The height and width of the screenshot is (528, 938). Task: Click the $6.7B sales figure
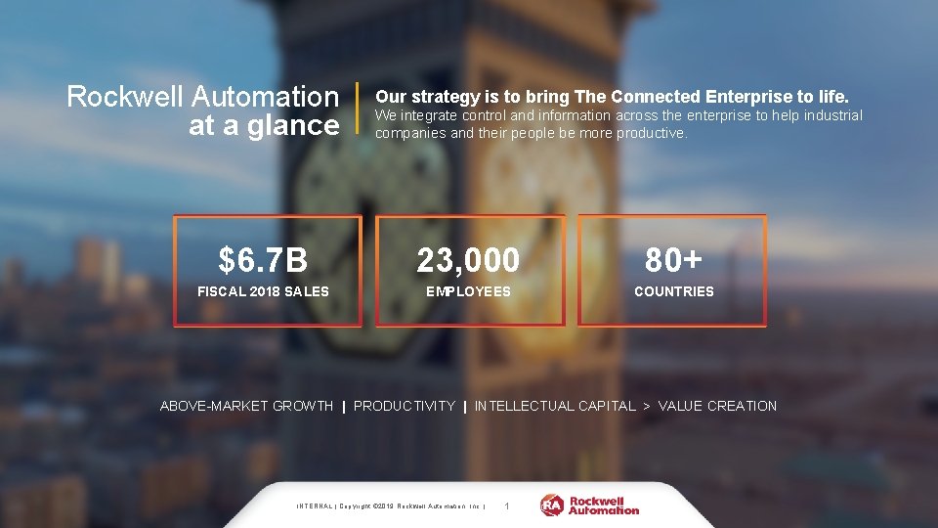[263, 261]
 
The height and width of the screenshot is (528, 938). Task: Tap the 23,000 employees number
[468, 261]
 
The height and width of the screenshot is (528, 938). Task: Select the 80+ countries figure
[673, 261]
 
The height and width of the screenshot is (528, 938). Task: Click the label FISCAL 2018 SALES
[263, 291]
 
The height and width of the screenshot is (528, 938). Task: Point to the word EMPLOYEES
[468, 291]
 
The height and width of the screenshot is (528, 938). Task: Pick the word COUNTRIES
[673, 291]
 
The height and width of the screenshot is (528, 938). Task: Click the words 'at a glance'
[263, 125]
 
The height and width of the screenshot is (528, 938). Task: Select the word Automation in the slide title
[265, 97]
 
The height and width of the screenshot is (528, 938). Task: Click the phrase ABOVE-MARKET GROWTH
[246, 406]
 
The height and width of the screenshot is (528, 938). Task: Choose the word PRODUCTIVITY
[404, 406]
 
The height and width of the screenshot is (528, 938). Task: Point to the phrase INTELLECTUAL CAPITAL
[554, 406]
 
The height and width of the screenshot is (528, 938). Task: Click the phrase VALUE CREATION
[717, 406]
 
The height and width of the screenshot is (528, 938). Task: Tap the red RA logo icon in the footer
[552, 506]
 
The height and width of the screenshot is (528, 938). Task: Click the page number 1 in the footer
[505, 506]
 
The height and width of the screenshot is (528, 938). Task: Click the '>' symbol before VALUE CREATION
[647, 406]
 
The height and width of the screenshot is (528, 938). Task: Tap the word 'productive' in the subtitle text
[652, 133]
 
